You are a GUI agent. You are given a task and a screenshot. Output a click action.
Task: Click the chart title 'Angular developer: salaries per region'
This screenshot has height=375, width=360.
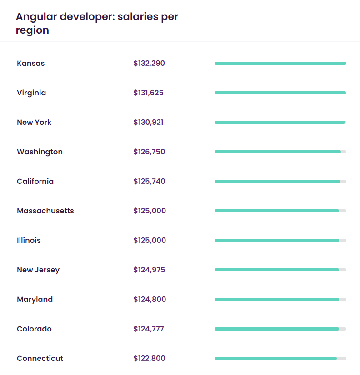97,24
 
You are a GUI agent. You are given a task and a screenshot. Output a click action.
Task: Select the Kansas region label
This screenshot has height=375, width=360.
31,64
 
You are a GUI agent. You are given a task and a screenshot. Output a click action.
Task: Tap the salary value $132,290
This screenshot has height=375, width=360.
149,64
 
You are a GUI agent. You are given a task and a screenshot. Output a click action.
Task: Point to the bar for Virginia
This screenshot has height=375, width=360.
280,93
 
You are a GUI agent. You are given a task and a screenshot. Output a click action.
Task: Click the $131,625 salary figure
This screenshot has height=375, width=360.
148,93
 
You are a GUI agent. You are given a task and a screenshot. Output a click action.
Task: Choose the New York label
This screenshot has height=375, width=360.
34,123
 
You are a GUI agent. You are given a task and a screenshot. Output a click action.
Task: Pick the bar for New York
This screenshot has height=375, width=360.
280,123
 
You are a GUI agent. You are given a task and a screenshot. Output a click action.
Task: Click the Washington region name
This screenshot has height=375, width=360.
40,152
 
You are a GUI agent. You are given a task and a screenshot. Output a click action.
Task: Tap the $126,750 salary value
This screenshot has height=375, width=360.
149,152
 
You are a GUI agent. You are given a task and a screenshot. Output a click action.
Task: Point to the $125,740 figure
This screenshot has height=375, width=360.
149,182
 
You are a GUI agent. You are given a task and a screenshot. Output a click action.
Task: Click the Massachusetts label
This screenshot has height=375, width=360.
45,211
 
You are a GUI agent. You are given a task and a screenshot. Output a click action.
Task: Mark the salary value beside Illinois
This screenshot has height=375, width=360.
150,241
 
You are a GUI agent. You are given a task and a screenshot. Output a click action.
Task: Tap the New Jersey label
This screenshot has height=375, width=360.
38,270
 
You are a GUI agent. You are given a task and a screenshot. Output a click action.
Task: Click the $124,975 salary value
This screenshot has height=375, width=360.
149,270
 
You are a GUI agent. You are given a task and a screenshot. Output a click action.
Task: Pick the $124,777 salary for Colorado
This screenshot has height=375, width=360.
149,329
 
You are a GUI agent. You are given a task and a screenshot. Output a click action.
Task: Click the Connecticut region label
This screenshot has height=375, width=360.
40,359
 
